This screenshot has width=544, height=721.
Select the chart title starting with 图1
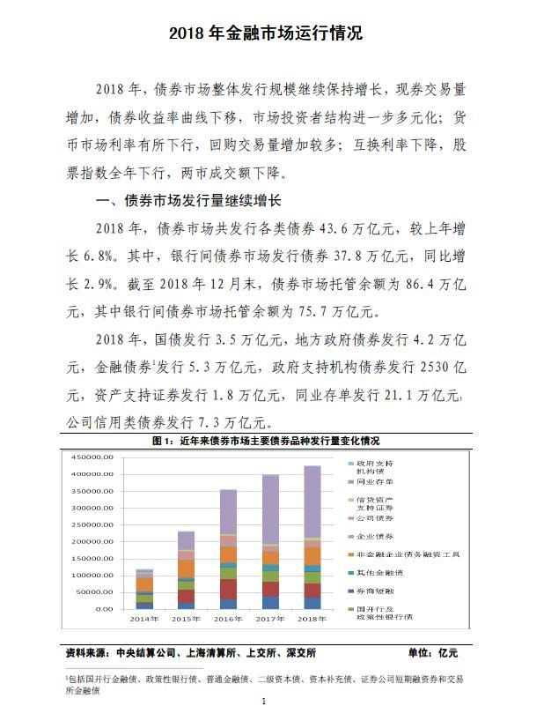point(271,440)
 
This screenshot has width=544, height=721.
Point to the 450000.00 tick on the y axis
point(92,457)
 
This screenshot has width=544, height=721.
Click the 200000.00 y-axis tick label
point(92,541)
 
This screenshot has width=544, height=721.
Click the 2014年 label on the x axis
point(144,618)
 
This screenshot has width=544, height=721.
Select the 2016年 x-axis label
point(228,618)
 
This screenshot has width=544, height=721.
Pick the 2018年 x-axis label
point(312,618)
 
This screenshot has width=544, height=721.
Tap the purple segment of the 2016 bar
point(228,512)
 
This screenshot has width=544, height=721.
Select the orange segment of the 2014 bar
point(144,583)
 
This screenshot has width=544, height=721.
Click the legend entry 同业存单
point(375,482)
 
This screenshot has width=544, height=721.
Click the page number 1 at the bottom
point(263,702)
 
